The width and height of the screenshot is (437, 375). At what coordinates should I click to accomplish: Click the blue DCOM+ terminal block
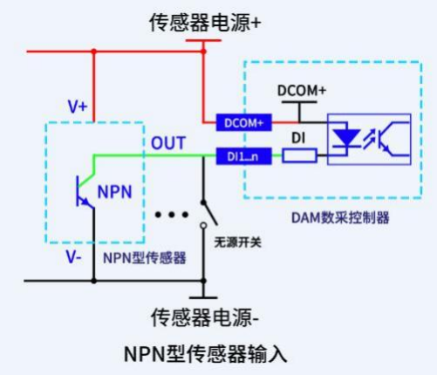point(244,122)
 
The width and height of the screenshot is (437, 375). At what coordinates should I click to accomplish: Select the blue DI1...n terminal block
point(244,156)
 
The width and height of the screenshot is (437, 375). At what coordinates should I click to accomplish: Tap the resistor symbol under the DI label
point(299,156)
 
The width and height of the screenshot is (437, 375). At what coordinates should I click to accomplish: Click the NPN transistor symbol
point(85,191)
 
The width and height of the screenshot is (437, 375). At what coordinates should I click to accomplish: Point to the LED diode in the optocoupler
point(346,138)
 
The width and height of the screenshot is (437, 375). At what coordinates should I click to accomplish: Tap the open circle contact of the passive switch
point(203,226)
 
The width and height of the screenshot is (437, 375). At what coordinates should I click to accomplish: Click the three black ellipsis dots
point(172,215)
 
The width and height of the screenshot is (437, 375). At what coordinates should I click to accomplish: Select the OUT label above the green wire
point(168,142)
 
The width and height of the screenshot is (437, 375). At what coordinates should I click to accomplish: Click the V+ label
point(78,107)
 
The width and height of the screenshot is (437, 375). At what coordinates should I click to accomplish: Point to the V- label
point(74,257)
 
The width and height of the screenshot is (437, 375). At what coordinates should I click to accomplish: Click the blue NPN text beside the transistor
point(115,191)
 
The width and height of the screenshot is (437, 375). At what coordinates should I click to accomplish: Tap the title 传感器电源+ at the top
point(205,23)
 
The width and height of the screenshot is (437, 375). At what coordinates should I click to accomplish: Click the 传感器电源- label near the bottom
point(205,317)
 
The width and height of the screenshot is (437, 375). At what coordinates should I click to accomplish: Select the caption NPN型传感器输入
point(206,354)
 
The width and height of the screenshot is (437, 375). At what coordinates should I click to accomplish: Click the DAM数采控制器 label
point(340,218)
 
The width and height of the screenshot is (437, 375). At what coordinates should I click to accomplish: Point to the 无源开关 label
point(237,242)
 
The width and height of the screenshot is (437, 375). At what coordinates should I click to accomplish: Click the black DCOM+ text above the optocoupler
point(302,91)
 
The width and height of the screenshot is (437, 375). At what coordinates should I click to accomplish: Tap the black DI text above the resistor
point(298,138)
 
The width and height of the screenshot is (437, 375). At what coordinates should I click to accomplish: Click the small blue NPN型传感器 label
point(145,258)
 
